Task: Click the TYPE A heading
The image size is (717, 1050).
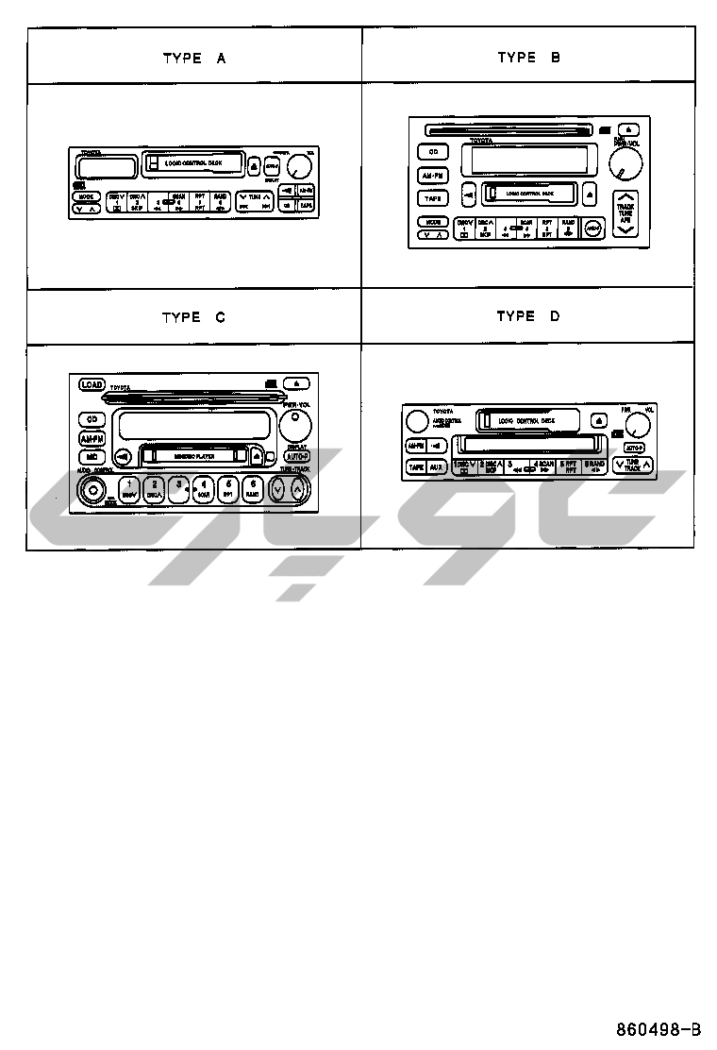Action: tap(194, 58)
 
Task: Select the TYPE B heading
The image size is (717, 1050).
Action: tap(528, 58)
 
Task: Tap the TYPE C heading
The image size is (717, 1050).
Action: tap(193, 317)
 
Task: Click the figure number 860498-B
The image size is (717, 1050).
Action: tap(659, 1028)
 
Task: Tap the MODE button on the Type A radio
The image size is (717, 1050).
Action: tap(86, 196)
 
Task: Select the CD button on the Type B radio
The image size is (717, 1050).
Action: tap(433, 152)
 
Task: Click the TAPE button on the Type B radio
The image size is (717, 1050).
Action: tap(433, 198)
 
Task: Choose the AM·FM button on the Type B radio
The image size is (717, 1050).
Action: tap(433, 176)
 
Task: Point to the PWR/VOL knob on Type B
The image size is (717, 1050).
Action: tap(623, 166)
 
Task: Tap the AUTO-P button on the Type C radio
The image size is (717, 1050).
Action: tap(295, 455)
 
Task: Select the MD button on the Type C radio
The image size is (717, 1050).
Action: tap(92, 456)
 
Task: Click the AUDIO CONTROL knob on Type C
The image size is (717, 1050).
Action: tap(92, 490)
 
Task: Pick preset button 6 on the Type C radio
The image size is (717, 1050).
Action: tap(252, 488)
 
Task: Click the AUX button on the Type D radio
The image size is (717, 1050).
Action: tap(436, 466)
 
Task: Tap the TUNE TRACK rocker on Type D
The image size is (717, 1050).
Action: tap(632, 465)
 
